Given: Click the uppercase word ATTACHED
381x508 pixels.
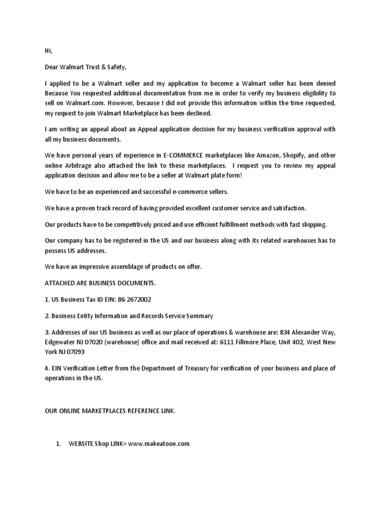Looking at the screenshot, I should click(x=60, y=283).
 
